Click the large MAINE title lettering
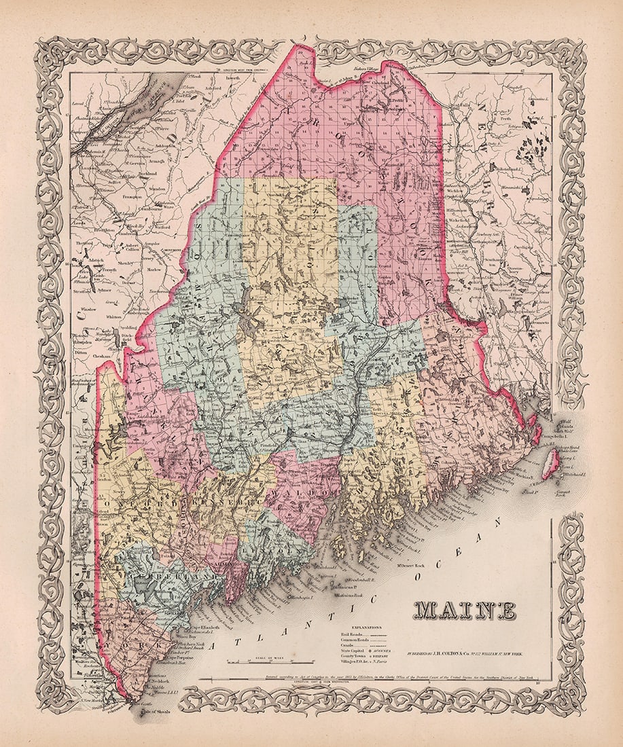point(464,611)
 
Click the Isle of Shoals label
point(157,712)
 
